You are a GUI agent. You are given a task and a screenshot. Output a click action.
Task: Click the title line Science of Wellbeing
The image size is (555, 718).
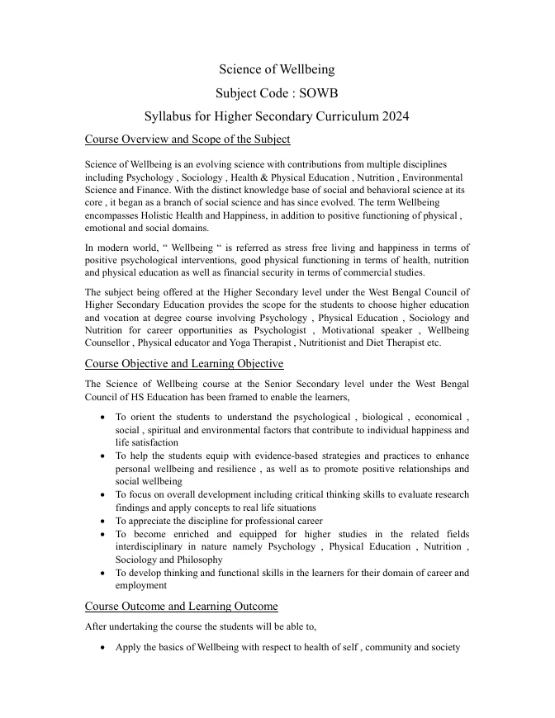pyautogui.click(x=277, y=69)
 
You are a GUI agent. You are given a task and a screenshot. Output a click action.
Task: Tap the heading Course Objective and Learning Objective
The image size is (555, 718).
pyautogui.click(x=184, y=363)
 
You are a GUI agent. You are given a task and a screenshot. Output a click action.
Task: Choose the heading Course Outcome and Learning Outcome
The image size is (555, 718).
pyautogui.click(x=181, y=607)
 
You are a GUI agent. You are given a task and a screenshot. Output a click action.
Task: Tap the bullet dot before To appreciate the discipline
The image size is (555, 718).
pyautogui.click(x=101, y=522)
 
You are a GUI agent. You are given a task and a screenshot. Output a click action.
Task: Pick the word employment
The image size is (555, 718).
pyautogui.click(x=141, y=585)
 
